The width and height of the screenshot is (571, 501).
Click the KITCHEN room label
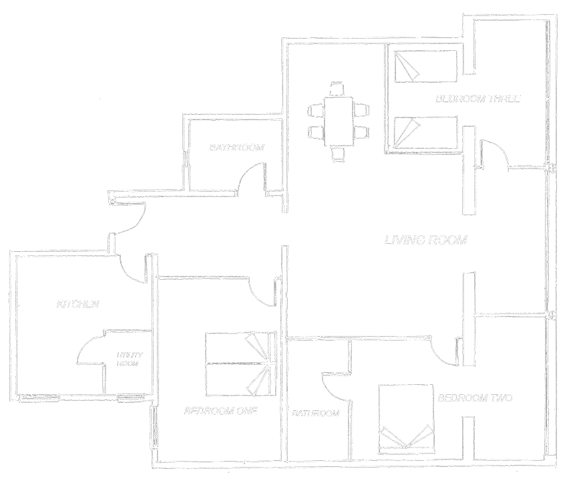point(78,304)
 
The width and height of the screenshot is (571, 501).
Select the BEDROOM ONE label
point(220,411)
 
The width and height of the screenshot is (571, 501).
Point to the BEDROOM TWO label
point(475,398)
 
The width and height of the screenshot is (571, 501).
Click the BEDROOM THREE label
point(477,99)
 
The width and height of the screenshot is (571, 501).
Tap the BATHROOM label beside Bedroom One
point(316,414)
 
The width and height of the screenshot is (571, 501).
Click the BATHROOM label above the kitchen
point(236,147)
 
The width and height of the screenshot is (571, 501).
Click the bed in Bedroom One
point(240,364)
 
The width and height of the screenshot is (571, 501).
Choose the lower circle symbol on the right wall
point(552,315)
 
